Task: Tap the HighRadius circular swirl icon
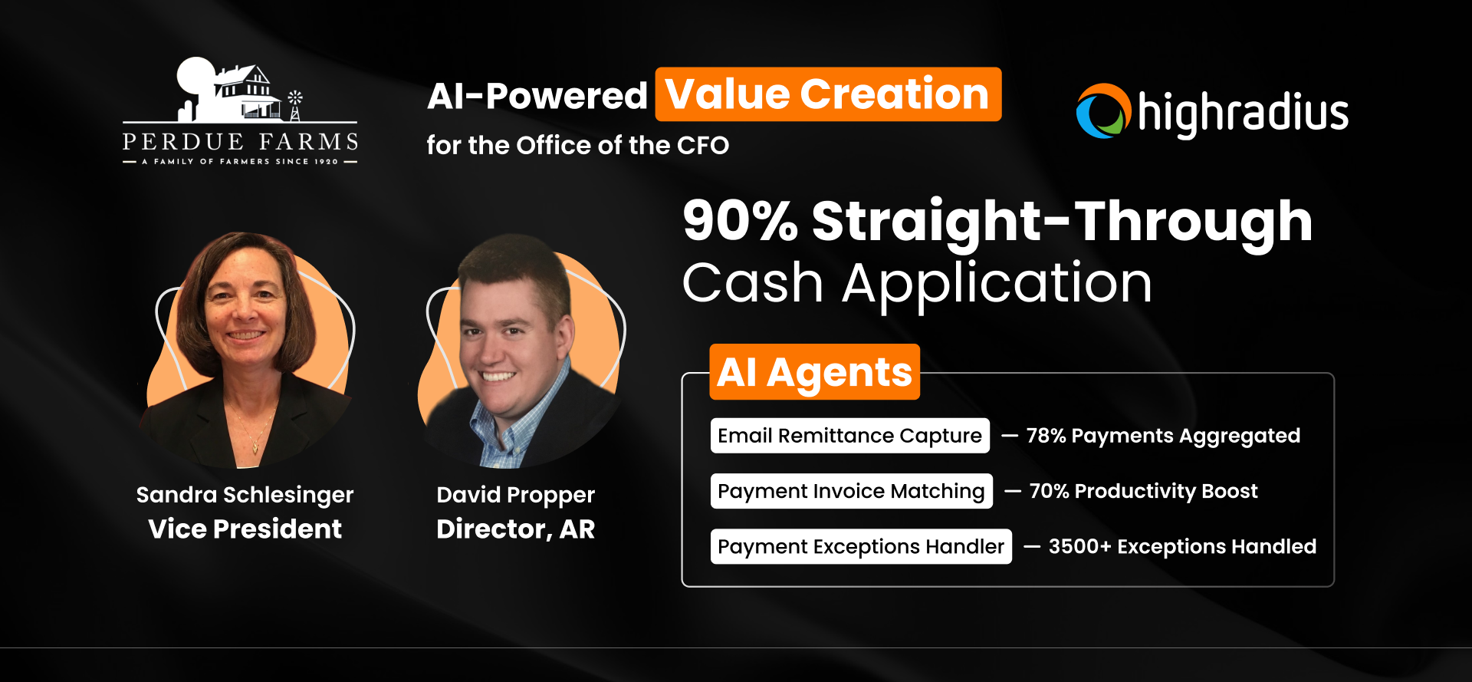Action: coord(1103,111)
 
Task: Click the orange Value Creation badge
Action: coord(828,94)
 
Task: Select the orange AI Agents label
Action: coord(814,372)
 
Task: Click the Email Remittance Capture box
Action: coord(850,436)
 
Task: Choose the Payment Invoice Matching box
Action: coord(852,491)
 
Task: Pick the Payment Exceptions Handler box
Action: coord(861,546)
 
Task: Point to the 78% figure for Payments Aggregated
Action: coord(1046,436)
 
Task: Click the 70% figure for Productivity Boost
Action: coord(1049,491)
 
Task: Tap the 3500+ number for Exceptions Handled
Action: coord(1079,546)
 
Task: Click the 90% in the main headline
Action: coord(741,221)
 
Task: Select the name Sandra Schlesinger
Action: coord(245,496)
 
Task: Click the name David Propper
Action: coord(515,496)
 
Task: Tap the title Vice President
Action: coord(245,529)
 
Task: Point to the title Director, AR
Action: coord(515,529)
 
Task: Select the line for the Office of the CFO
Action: coord(578,145)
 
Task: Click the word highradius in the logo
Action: coord(1243,114)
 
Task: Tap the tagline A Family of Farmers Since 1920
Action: coord(240,161)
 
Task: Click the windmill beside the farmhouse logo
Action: coord(294,106)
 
